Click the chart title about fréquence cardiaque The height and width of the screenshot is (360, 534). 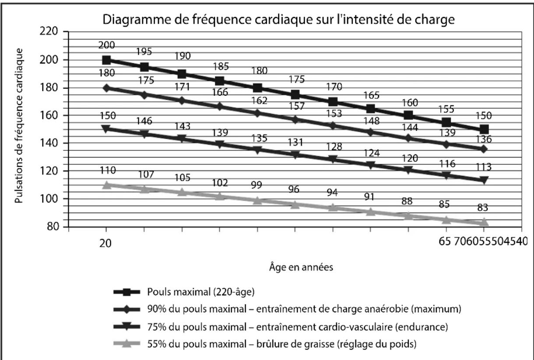pos(278,20)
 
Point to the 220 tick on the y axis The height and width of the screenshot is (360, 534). pos(49,31)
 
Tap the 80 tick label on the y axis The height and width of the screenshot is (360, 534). pos(53,226)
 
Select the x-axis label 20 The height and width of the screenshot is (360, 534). pos(105,244)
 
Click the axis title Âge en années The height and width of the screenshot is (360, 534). pos(301,267)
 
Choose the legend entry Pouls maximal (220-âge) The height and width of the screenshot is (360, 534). pos(201,292)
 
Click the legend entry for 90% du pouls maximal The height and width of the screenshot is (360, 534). pos(304,309)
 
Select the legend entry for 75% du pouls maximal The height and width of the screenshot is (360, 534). pos(298,327)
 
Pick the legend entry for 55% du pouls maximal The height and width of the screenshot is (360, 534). pos(282,344)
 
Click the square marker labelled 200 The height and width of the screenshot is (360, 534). pos(106,60)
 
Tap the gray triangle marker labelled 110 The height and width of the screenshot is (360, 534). pos(106,185)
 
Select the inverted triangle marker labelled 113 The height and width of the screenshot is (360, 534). pos(484,180)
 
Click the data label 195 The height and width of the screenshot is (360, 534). pos(144,52)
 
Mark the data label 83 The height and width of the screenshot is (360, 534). pos(483,208)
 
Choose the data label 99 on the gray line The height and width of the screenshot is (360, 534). pos(256,185)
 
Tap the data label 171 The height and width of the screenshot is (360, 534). pos(183,87)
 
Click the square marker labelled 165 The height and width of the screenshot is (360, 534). pos(370,109)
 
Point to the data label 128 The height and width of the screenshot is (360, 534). pos(334,147)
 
